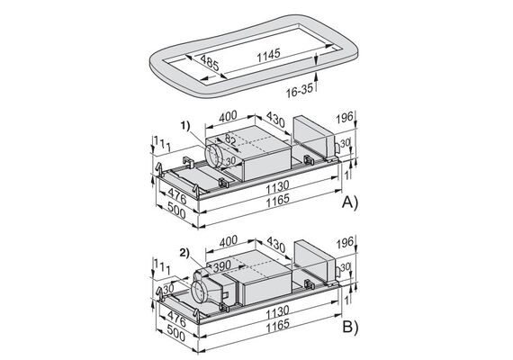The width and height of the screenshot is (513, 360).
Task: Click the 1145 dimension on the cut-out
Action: tap(268, 55)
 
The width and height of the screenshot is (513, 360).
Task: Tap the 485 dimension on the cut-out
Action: tap(210, 63)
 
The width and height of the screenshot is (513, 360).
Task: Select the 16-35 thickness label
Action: tap(300, 91)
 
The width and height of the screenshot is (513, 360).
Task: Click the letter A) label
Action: tap(350, 202)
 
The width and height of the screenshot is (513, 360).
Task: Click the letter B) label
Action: tap(350, 327)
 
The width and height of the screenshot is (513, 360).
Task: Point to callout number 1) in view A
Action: tap(185, 125)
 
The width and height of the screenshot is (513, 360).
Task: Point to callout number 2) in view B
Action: tap(184, 252)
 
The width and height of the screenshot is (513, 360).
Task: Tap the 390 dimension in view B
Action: tap(222, 266)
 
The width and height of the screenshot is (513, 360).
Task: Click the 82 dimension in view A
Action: tap(230, 139)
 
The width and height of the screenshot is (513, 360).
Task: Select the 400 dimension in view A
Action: tap(228, 116)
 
